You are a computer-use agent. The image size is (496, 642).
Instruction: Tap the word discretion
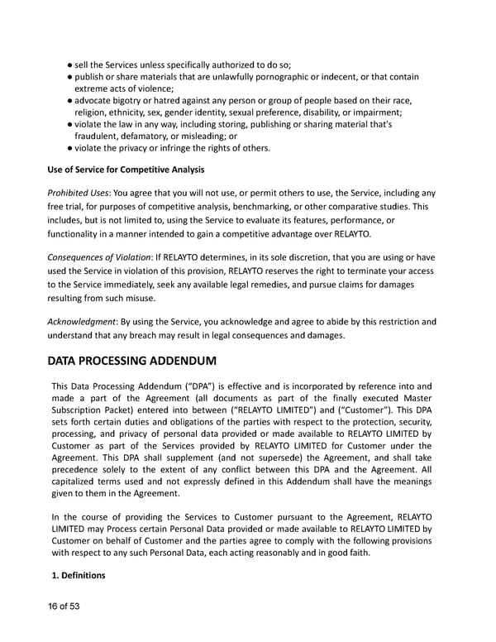(268, 256)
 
